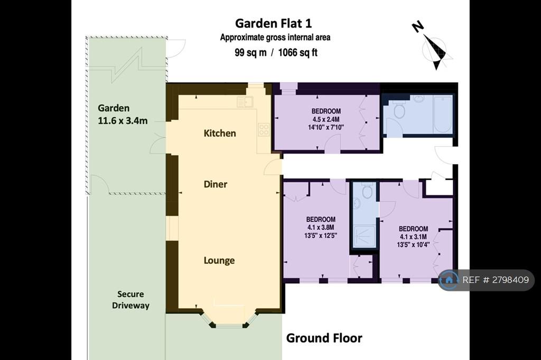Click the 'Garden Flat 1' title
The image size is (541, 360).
[x=273, y=23]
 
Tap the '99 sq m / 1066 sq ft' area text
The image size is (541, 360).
[x=276, y=52]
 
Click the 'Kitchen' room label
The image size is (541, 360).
[x=220, y=133]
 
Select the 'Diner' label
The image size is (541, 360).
[x=216, y=184]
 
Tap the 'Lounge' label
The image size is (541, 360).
[x=219, y=260]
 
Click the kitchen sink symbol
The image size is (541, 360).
[x=245, y=102]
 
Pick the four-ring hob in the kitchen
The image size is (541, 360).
[x=264, y=129]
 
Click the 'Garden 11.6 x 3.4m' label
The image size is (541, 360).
[x=123, y=115]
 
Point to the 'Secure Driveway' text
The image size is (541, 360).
[x=130, y=300]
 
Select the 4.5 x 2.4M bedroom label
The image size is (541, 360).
[x=326, y=119]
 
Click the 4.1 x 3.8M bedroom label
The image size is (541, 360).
[x=321, y=228]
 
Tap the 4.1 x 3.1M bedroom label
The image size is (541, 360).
[x=413, y=237]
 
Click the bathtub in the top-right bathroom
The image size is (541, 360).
[x=443, y=114]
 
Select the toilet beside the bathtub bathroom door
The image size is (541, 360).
[x=399, y=109]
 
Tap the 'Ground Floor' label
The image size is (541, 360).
[x=324, y=338]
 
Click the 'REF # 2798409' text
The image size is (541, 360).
[x=496, y=280]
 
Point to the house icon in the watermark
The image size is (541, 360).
[x=449, y=280]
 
